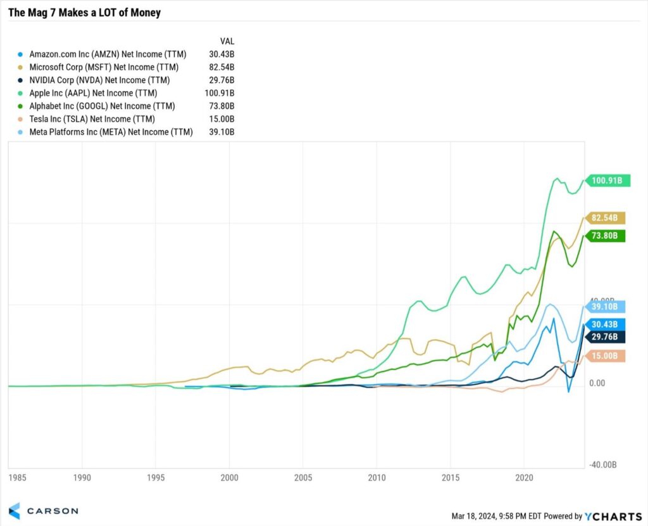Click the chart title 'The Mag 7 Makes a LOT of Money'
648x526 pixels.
click(84, 13)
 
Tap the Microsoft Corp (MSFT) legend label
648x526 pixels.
click(104, 67)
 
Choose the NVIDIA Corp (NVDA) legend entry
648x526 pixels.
click(99, 80)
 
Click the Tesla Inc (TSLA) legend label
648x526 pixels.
click(92, 119)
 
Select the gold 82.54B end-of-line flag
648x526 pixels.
click(606, 218)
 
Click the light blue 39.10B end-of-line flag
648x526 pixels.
click(606, 306)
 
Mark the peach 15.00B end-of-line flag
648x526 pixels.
click(606, 356)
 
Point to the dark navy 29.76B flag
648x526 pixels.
click(606, 337)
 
